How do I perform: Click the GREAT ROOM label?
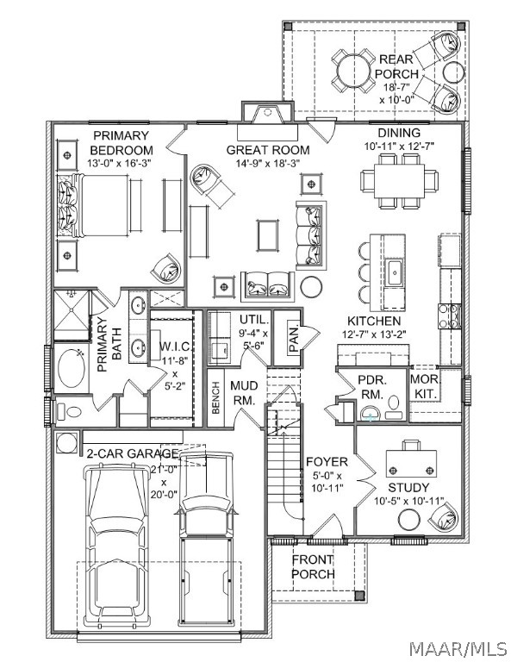pyautogui.click(x=267, y=150)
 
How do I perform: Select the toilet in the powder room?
pyautogui.click(x=393, y=406)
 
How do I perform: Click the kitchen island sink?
pyautogui.click(x=395, y=272)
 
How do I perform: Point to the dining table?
pyautogui.click(x=399, y=182)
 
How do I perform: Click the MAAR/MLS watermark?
pyautogui.click(x=458, y=648)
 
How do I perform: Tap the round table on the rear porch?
pyautogui.click(x=353, y=71)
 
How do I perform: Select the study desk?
pyautogui.click(x=411, y=463)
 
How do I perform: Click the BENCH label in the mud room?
pyautogui.click(x=215, y=397)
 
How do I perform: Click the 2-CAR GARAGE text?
pyautogui.click(x=132, y=453)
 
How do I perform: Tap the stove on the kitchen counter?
pyautogui.click(x=450, y=316)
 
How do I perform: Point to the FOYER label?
pyautogui.click(x=327, y=461)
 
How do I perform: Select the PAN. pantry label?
pyautogui.click(x=294, y=337)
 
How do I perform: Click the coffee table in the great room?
pyautogui.click(x=267, y=235)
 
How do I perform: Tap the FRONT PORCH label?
pyautogui.click(x=313, y=567)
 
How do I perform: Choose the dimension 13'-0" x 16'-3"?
pyautogui.click(x=119, y=163)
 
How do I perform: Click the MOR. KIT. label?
pyautogui.click(x=426, y=386)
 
